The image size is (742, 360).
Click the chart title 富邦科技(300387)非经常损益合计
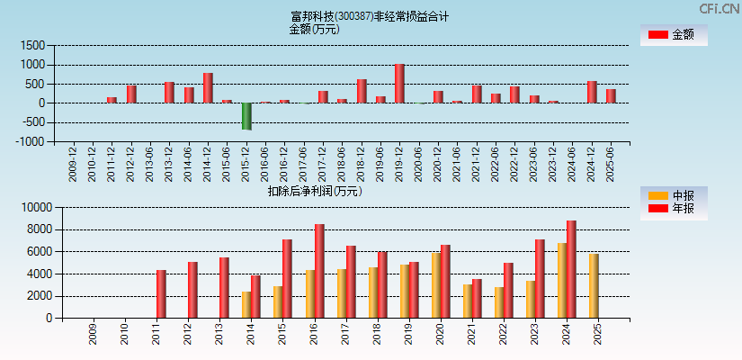[x=370, y=16]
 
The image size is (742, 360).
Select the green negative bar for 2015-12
[x=246, y=116]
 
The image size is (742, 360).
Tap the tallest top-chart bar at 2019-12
[x=399, y=84]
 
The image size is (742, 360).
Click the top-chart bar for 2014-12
[x=208, y=88]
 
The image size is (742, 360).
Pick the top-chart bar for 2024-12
[x=592, y=92]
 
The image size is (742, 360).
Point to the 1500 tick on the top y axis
[x=33, y=46]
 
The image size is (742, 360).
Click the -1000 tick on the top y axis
[x=31, y=141]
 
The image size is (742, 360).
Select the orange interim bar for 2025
[x=594, y=285]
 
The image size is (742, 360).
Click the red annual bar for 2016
[x=319, y=271]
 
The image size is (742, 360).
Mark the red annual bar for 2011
[x=161, y=293]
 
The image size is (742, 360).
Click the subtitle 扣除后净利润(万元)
[x=314, y=191]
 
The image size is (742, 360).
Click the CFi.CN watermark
[x=719, y=8]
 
